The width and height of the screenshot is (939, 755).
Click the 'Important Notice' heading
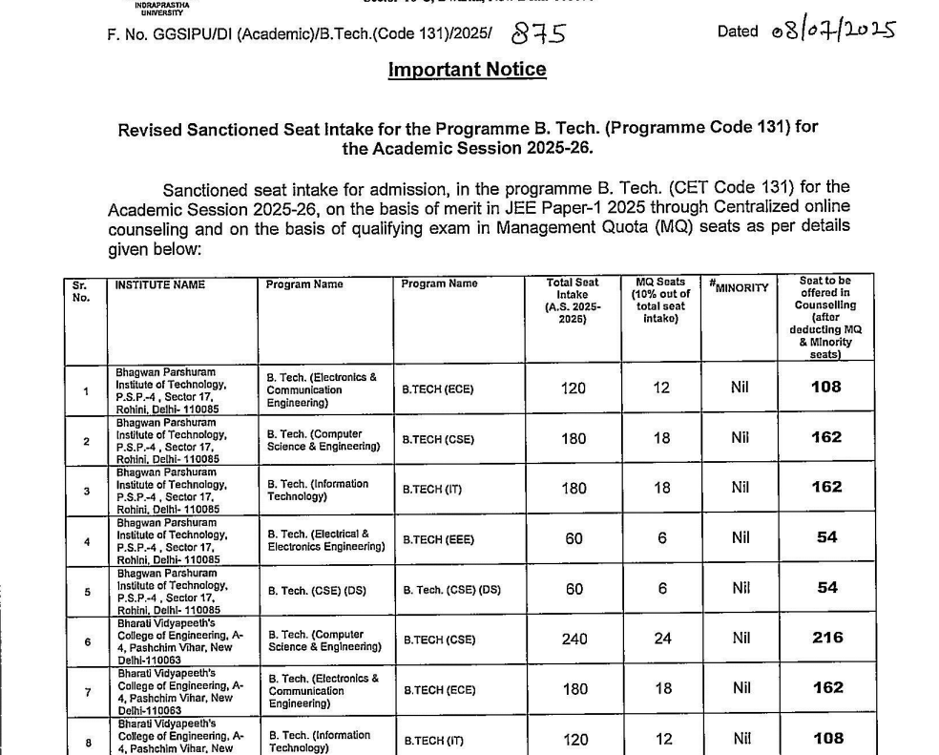[x=467, y=70]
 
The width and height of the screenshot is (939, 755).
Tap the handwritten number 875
[x=538, y=34]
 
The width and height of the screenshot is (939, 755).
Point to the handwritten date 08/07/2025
[x=833, y=31]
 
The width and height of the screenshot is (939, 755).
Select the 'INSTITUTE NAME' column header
[x=159, y=284]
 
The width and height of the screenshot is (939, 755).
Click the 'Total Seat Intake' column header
[x=573, y=302]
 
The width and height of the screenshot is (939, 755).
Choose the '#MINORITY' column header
[x=739, y=286]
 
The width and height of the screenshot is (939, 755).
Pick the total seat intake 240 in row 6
[x=574, y=639]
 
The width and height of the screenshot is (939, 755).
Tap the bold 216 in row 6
[x=826, y=638]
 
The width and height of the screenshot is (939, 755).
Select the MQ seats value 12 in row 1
[x=661, y=388]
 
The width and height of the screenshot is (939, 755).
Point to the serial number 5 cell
[x=86, y=591]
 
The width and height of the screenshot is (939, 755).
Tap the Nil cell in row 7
[x=741, y=688]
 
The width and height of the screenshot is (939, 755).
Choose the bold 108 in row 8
[x=826, y=738]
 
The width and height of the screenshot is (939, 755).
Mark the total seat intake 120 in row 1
[x=574, y=388]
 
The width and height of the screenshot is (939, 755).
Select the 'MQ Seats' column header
[x=660, y=300]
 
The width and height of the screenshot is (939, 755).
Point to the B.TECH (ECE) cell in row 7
[x=438, y=688]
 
